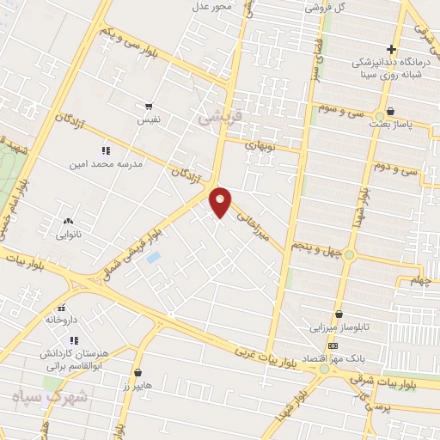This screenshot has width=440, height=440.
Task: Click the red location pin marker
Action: (221, 203)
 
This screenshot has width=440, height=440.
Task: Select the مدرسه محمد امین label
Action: (107, 162)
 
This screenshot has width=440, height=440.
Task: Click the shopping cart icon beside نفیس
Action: (149, 107)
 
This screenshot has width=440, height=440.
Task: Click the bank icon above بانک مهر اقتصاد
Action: (333, 345)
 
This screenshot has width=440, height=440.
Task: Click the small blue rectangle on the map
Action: (153, 256)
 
